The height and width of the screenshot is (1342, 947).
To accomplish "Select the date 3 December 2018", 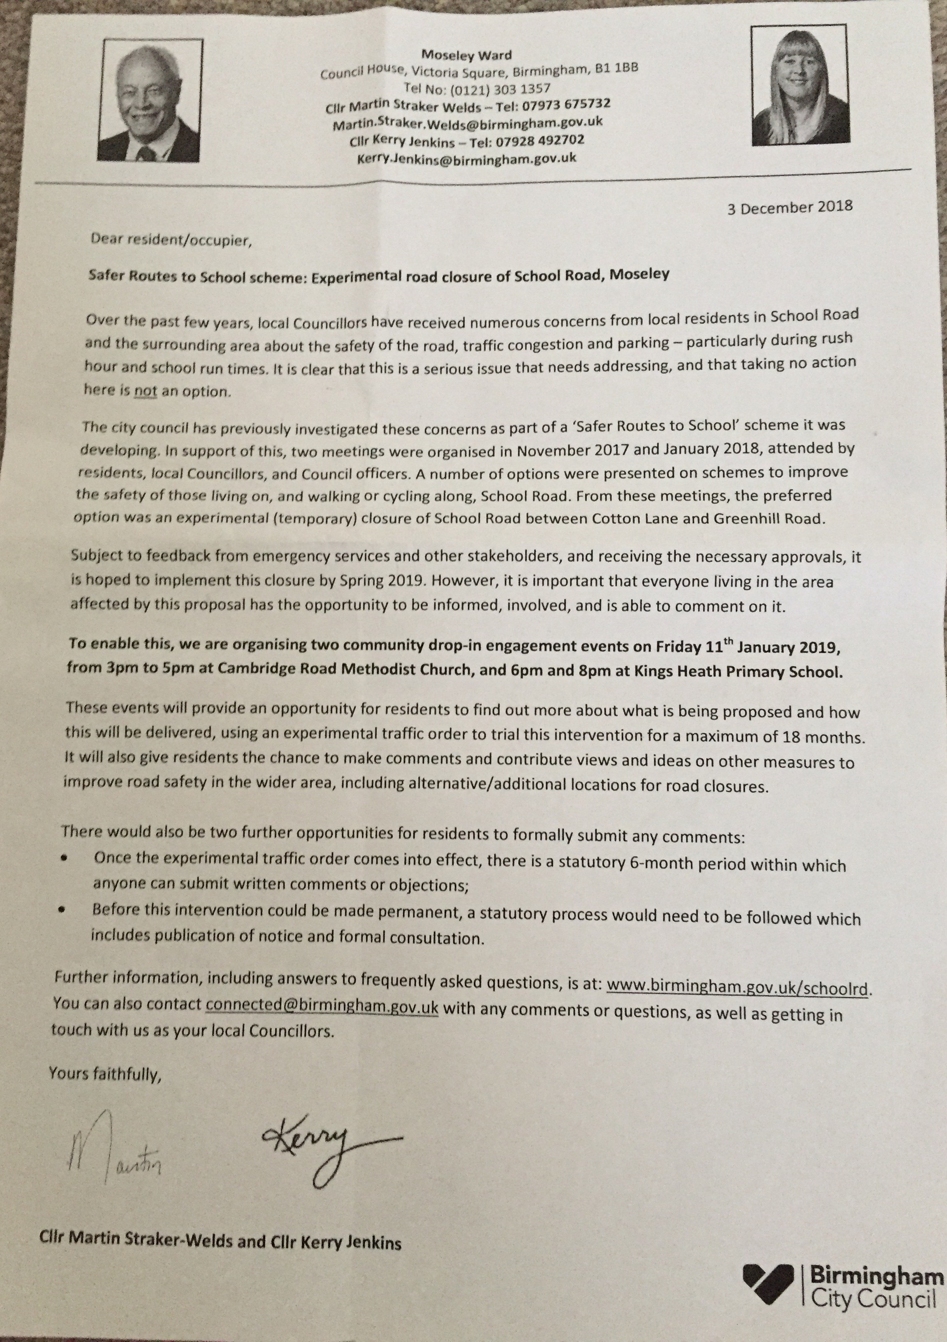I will pos(790,208).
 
